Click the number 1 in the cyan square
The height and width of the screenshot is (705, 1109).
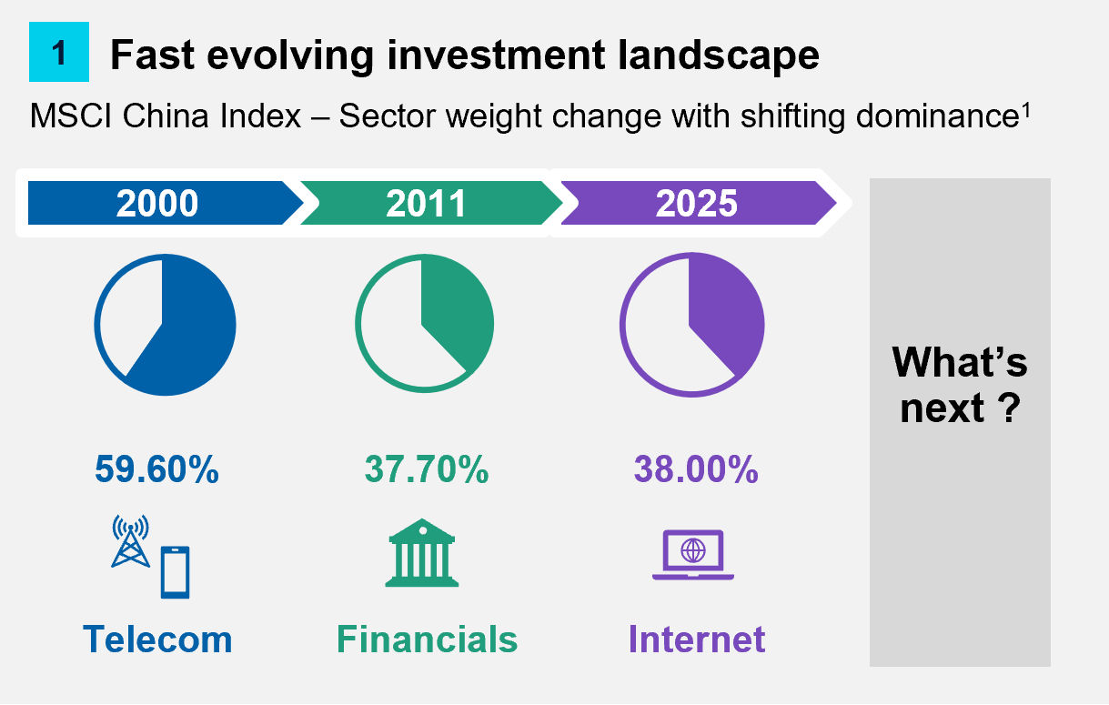[59, 54]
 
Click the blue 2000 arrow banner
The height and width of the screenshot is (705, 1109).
[157, 203]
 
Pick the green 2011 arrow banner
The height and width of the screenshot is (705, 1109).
[426, 203]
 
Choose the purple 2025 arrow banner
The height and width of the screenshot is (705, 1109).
[696, 203]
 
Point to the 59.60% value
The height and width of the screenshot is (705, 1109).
[156, 470]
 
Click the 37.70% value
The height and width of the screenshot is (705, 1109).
[426, 470]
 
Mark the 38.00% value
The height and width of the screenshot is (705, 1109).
[696, 470]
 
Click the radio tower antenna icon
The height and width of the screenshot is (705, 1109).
[130, 542]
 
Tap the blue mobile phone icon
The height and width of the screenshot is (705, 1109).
[175, 571]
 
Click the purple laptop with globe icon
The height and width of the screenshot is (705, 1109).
[693, 554]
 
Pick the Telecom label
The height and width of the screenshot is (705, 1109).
[157, 639]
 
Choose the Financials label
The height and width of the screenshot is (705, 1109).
[427, 639]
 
